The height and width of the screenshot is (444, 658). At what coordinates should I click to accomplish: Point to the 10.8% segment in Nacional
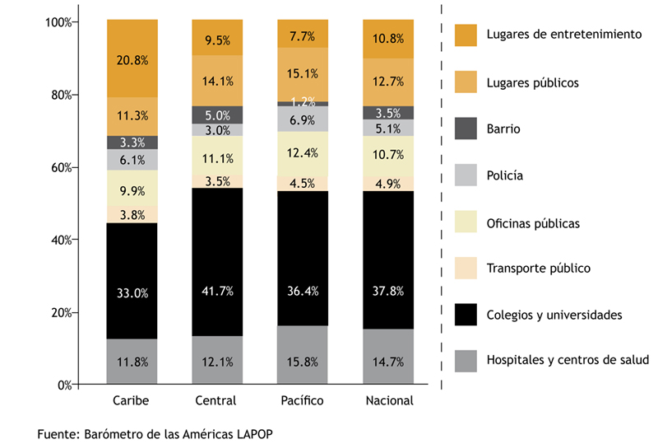[387, 39]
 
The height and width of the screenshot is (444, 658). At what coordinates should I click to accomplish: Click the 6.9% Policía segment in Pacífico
[302, 119]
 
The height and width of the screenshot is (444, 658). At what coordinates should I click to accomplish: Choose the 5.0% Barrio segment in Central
[217, 115]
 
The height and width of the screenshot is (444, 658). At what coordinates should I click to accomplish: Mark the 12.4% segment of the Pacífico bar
[302, 153]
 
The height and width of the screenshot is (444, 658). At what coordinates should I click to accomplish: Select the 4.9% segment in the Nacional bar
[387, 184]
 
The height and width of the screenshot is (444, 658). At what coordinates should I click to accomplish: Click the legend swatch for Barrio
[466, 129]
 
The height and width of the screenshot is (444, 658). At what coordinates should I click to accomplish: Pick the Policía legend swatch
[466, 175]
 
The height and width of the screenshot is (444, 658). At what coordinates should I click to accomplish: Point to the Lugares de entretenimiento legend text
[563, 35]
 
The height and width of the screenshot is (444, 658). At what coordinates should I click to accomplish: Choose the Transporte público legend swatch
[466, 269]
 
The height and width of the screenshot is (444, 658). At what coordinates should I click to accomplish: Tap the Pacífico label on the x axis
[302, 401]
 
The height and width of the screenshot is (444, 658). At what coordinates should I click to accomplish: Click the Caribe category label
[132, 401]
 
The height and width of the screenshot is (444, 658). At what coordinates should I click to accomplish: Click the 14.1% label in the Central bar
[217, 81]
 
